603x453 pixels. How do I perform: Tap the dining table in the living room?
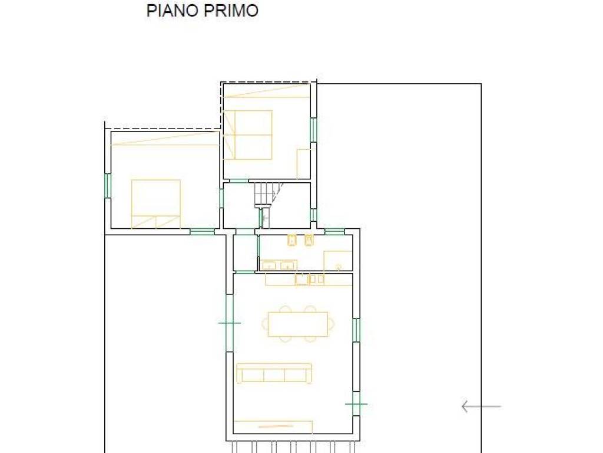(x=298, y=324)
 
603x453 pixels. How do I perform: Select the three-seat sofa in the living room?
(x=274, y=373)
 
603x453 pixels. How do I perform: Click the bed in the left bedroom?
(x=155, y=203)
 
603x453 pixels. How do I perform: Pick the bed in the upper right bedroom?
(x=248, y=134)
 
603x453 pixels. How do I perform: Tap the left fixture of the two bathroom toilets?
(x=291, y=240)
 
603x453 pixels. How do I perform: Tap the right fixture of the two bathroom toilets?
(x=309, y=240)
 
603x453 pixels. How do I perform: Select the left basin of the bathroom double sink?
(x=269, y=265)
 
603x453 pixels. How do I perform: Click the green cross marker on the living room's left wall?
(x=230, y=323)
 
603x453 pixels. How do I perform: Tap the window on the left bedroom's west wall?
(x=108, y=185)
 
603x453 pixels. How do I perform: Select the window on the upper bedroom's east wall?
(x=313, y=130)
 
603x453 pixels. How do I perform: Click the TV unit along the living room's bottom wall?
(x=273, y=426)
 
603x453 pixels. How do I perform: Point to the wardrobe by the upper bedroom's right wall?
(x=303, y=163)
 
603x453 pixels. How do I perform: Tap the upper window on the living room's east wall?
(x=356, y=330)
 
